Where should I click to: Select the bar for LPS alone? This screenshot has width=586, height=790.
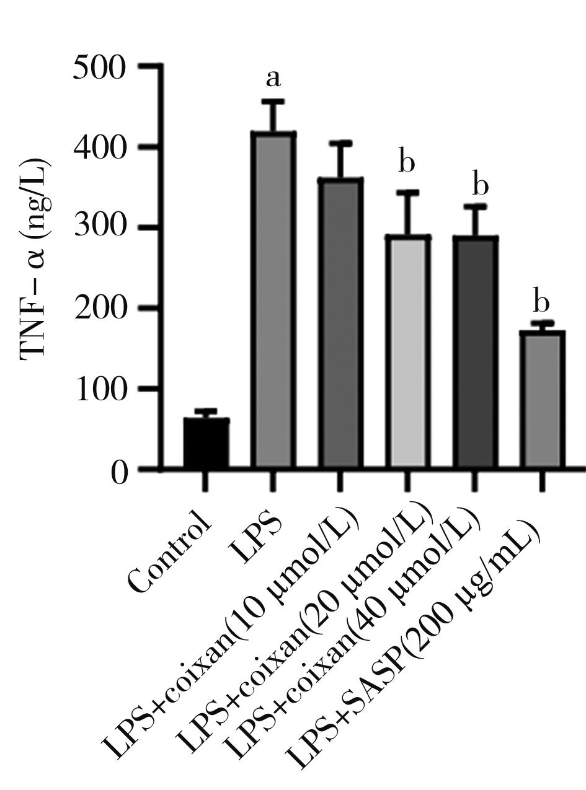click(273, 301)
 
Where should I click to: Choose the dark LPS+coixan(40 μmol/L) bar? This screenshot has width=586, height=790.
click(475, 351)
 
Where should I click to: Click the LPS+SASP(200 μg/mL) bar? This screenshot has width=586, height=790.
click(542, 399)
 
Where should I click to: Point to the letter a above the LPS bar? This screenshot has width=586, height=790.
click(273, 79)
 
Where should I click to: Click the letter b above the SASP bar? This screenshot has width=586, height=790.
click(541, 303)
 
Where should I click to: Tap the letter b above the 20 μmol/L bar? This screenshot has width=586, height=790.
click(406, 163)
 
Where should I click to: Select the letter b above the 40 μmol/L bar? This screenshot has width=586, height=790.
click(481, 185)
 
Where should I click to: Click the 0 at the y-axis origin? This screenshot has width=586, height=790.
click(119, 473)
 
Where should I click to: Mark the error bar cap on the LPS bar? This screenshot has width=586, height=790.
click(273, 101)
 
